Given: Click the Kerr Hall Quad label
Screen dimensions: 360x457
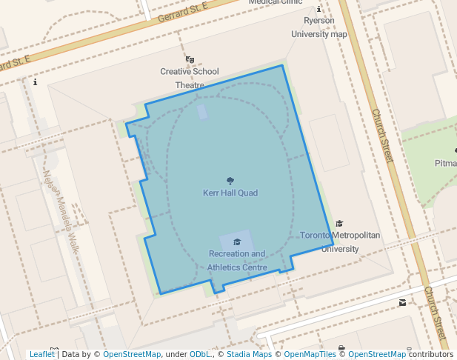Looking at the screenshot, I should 230,193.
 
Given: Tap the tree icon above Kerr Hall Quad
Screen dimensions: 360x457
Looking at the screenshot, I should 230,180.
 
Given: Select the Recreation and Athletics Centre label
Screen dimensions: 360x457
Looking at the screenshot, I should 236,260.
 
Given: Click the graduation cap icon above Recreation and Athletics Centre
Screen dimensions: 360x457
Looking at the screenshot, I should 237,241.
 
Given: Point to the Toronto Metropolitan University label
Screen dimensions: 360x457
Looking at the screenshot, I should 340,241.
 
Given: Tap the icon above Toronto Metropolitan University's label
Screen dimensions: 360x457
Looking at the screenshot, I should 340,223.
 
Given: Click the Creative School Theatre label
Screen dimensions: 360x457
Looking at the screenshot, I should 190,78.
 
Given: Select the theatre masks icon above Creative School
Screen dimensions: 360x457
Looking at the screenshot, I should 190,59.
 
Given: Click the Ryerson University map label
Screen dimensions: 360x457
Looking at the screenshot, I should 318,27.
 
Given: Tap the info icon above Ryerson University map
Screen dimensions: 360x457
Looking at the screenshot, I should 318,10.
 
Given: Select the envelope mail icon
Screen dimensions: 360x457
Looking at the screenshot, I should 402,302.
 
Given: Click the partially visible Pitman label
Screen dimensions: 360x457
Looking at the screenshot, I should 446,163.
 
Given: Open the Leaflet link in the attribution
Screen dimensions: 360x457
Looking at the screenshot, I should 41,354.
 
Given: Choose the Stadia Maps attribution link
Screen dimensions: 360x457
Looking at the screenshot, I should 249,354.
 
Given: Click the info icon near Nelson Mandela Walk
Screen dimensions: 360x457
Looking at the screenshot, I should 35,82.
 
